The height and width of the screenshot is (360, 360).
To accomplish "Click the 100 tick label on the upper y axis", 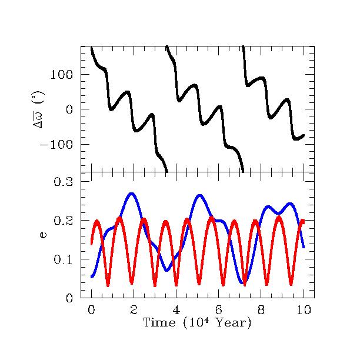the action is coord(61,75).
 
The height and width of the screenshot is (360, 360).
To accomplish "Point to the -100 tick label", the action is coord(56,145).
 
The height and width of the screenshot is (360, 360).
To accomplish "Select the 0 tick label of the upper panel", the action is coord(69,110).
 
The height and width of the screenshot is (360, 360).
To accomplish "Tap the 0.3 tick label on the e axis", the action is coord(63,182).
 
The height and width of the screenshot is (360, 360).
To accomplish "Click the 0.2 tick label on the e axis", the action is coord(63,221).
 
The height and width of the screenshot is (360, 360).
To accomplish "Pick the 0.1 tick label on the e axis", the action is coord(63,259).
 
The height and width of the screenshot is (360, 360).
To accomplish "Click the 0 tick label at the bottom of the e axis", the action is coord(69,298).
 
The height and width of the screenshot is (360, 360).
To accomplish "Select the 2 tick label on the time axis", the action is coord(134,310).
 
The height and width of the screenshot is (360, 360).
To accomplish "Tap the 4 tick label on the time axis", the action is coord(176,310).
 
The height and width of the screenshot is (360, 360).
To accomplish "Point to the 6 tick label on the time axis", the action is coord(219,310).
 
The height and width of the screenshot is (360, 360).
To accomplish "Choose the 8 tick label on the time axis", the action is coord(261,310).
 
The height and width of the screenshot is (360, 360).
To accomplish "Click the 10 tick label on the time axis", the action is coord(304,310).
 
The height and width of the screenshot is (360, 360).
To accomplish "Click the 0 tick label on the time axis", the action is coord(91,310).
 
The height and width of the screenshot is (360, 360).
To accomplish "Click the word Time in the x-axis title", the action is coord(159,322).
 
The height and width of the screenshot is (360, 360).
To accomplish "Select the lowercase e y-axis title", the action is coord(43,235).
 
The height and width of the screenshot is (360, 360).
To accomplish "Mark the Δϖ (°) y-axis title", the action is coord(38,109).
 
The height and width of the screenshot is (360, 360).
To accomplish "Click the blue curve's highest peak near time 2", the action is coord(131,194).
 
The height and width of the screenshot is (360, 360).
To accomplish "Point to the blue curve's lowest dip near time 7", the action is coord(243,282).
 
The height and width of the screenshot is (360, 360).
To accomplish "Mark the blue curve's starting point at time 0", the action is coord(92,276).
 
